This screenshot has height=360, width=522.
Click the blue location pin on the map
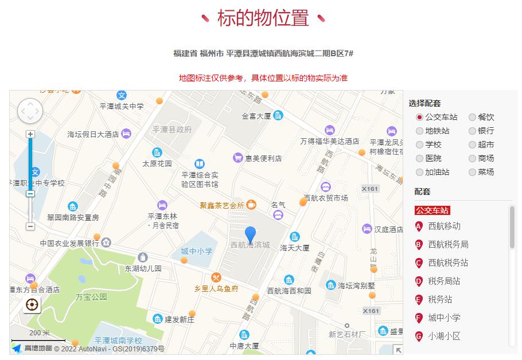[250, 234]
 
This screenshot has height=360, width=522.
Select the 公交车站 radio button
[419, 117]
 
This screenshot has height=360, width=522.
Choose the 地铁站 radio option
[419, 131]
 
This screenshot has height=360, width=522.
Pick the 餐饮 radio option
[472, 117]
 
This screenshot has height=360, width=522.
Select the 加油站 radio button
[419, 172]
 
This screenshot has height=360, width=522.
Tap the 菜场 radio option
[472, 172]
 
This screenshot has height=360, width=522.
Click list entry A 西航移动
[444, 226]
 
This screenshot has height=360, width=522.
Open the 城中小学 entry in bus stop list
[444, 318]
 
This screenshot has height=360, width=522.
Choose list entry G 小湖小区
[444, 336]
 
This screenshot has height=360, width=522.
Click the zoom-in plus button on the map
[30, 134]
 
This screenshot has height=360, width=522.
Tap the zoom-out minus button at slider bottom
[30, 226]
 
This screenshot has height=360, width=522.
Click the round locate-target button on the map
[32, 304]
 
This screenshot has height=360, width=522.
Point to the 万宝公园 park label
[91, 297]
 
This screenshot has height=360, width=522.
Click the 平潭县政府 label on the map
[172, 130]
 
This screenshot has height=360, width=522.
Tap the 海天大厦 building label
[295, 248]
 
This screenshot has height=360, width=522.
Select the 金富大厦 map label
[256, 116]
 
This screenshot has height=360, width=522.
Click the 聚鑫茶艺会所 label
[222, 205]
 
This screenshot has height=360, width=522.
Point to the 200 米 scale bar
[39, 336]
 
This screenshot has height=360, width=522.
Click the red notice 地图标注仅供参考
[263, 78]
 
